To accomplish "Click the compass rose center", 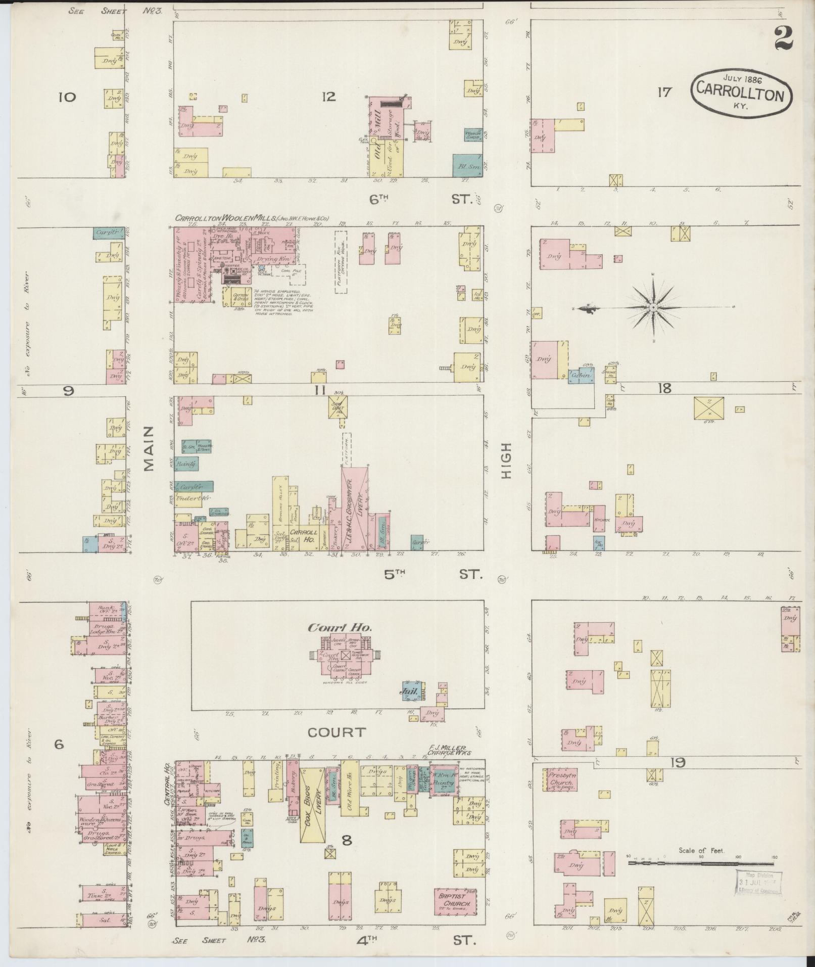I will pyautogui.click(x=653, y=307).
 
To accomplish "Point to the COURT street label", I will pyautogui.click(x=336, y=732).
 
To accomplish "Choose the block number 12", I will pyautogui.click(x=328, y=96).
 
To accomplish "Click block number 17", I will pyautogui.click(x=663, y=92).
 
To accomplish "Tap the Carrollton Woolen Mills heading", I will pyautogui.click(x=251, y=218).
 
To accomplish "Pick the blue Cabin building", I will pyautogui.click(x=581, y=376).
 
